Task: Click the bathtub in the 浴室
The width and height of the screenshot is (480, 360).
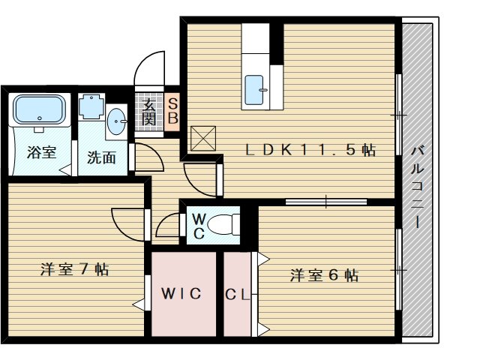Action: pos(40,109)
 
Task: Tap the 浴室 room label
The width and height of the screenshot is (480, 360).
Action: pos(42,152)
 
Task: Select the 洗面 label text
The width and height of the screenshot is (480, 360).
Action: pos(101,157)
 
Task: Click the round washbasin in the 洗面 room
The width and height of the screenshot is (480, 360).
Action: pos(117,121)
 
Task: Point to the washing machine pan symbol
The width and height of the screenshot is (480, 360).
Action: pos(91,106)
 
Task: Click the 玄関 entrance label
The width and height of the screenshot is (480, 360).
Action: pos(149,112)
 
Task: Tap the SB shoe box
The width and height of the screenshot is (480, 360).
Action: pos(172,112)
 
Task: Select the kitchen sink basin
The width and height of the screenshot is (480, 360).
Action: pos(255,90)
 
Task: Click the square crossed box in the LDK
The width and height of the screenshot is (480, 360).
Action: pos(203,138)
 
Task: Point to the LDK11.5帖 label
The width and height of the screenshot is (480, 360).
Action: pos(310,150)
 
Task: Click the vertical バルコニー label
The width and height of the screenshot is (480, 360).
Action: pos(417,187)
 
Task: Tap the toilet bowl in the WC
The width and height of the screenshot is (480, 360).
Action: pos(223,225)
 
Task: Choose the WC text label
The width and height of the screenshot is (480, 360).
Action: pos(199,226)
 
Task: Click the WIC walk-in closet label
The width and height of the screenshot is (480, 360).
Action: pos(181,294)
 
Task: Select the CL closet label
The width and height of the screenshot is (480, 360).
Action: pos(237,295)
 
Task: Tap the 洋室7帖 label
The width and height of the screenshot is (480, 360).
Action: pos(74,270)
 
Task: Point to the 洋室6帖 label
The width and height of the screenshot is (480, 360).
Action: pos(324,275)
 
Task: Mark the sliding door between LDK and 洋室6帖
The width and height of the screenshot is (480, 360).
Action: pos(326,202)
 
